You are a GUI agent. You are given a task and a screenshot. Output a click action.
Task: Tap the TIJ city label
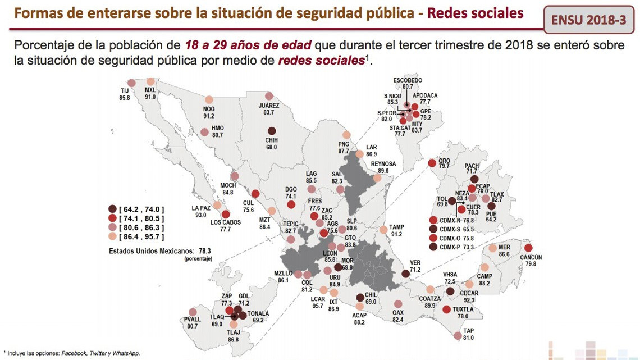(125, 90)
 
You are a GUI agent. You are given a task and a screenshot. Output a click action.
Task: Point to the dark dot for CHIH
(272, 130)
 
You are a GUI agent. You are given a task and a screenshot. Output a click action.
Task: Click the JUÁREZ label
(269, 105)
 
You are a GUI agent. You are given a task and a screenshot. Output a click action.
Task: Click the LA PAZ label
(200, 208)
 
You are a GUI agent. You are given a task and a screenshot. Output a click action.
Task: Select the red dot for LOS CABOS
(226, 215)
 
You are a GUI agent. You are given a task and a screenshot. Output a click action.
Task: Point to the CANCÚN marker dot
(528, 248)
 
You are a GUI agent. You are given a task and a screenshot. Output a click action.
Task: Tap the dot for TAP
(457, 336)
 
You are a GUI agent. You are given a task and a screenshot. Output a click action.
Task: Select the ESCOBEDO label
(408, 80)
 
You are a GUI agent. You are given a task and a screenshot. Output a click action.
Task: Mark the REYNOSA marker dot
(378, 178)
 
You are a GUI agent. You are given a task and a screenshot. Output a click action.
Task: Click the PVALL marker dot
(193, 312)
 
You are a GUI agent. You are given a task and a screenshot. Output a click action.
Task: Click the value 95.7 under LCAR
(318, 306)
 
